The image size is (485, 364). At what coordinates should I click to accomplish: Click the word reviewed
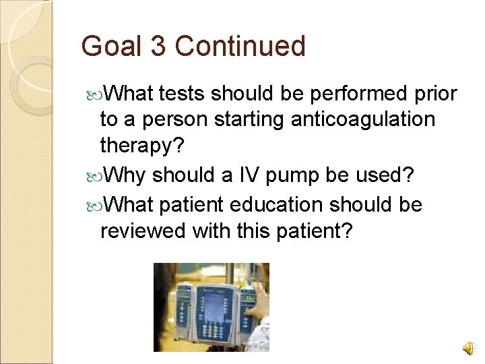point(142,231)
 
